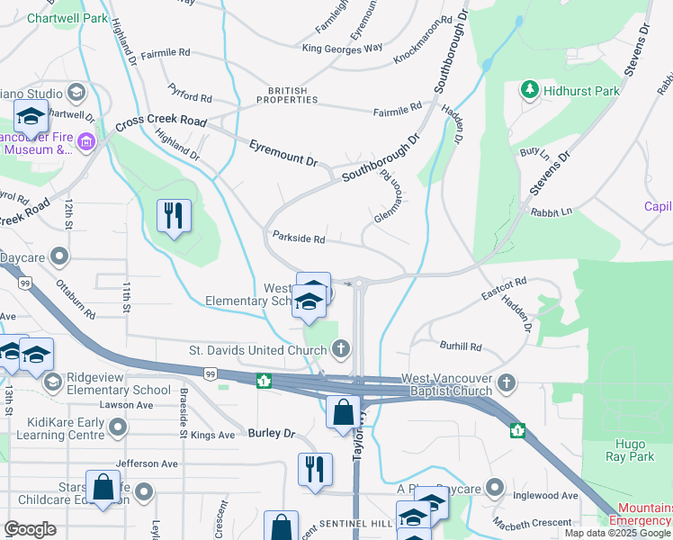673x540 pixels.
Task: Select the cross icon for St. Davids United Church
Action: coord(341,347)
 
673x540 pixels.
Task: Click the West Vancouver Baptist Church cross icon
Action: coord(507,383)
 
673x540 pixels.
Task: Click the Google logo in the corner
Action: coord(30,529)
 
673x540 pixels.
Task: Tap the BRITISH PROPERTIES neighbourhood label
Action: coord(287,94)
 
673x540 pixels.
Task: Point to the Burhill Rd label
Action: coord(461,346)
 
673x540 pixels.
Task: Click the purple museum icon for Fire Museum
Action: coord(86,142)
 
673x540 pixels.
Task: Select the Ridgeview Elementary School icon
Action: coord(52,382)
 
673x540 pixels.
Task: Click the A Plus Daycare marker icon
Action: coord(494,488)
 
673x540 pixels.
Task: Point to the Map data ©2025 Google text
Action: coord(617,533)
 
